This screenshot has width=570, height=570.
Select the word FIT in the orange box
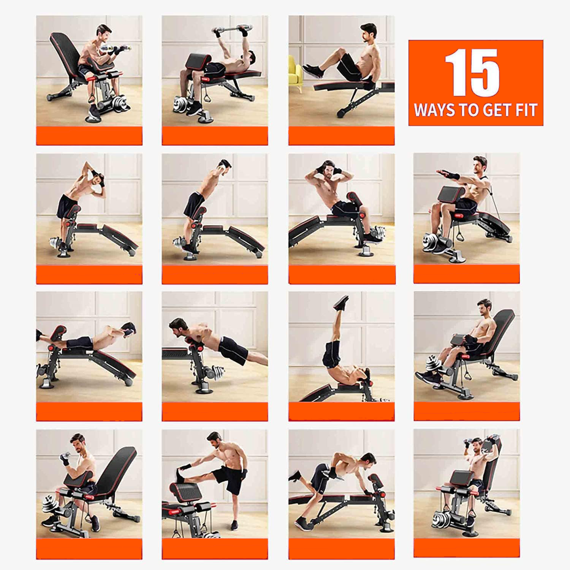click(x=526, y=110)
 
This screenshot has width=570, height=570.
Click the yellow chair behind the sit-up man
click(x=295, y=74)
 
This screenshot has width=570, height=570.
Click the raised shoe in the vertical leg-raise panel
click(x=341, y=303)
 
